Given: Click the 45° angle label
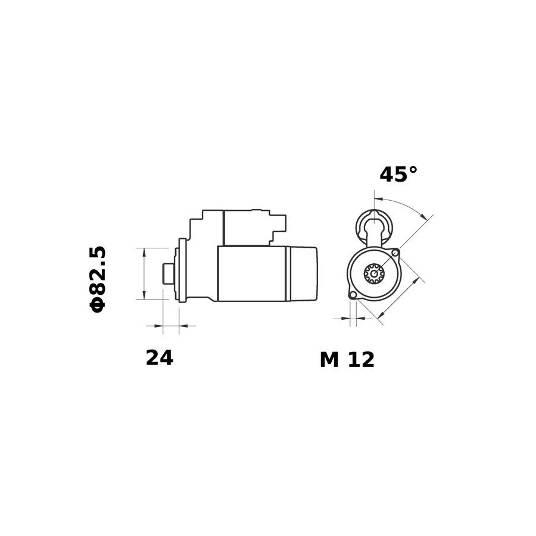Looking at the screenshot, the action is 398,174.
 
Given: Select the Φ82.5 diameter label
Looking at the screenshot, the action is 98,279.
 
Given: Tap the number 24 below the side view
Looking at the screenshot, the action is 159,358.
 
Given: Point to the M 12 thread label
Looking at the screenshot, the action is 347,360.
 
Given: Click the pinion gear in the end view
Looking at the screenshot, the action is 375,273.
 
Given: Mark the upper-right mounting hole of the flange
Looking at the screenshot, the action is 395,253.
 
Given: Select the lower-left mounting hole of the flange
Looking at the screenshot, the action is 353,294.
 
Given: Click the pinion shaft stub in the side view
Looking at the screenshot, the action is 168,273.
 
